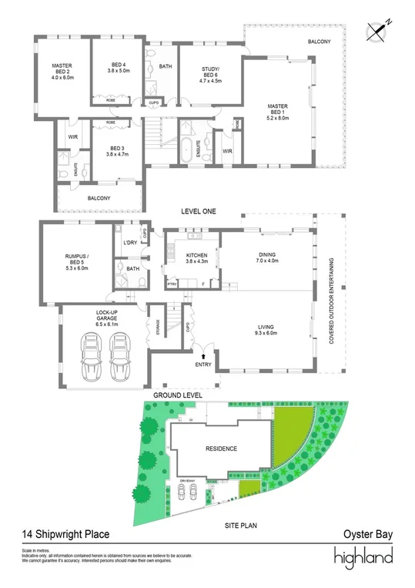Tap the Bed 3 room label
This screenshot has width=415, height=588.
click(117, 149)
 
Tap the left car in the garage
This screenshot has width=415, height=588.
click(90, 358)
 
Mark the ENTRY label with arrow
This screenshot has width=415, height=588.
click(202, 361)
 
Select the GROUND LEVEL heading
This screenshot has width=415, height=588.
click(178, 395)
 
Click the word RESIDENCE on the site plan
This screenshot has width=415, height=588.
click(221, 449)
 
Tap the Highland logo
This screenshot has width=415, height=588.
click(363, 556)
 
